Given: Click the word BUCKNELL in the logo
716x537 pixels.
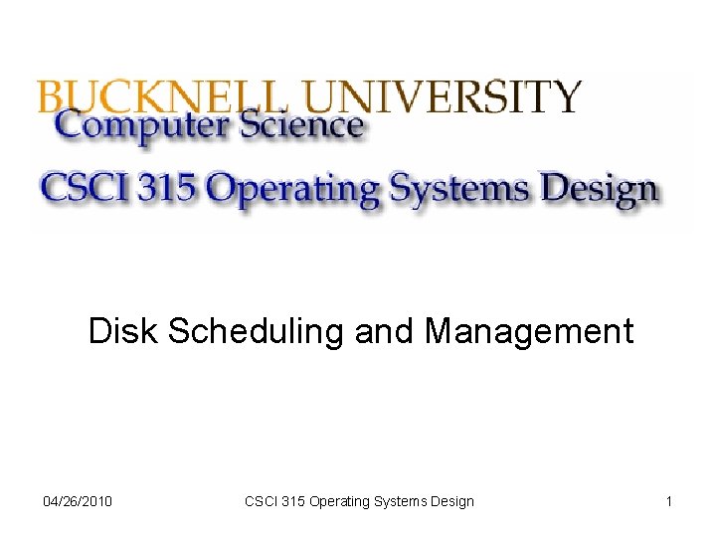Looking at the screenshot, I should pos(164,96).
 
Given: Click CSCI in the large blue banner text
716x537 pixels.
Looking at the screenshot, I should pos(86,189).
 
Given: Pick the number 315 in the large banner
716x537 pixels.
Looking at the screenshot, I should pos(174,189).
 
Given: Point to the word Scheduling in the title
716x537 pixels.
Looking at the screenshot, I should pos(258,332).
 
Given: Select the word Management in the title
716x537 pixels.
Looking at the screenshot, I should pos(529,332).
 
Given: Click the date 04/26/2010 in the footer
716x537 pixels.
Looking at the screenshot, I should pos(79,501).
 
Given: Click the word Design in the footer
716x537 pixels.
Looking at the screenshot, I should pos(453,501).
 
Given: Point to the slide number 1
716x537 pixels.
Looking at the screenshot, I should pos(669,501).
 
